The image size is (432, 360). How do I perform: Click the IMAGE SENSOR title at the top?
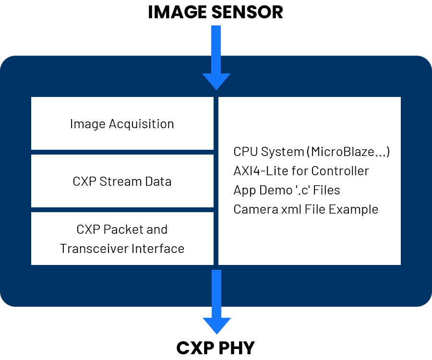216,12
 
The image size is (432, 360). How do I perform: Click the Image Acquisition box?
122,123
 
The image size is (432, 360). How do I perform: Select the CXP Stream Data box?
122,181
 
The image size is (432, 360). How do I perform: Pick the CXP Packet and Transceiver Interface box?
122,239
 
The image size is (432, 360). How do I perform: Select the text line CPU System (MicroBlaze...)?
312,152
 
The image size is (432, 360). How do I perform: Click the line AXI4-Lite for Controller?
301,171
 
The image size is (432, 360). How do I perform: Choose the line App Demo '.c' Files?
287,190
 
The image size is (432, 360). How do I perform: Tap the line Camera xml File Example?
306,209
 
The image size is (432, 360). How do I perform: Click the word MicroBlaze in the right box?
342,152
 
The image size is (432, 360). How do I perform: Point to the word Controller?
340,171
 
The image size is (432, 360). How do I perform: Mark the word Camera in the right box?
251,209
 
